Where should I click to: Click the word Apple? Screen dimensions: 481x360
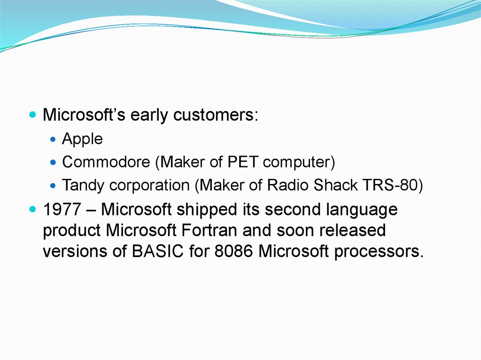click(82, 139)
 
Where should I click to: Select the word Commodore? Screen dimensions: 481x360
click(106, 161)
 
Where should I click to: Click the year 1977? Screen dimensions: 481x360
click(62, 209)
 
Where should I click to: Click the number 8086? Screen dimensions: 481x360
click(233, 251)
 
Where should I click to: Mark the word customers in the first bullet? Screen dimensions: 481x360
click(213, 115)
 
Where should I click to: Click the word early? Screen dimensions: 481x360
click(149, 115)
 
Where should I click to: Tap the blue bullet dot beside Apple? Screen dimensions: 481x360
click(54, 139)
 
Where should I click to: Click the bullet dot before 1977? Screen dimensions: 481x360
click(32, 210)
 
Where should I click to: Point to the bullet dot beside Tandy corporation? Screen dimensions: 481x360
click(54, 185)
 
